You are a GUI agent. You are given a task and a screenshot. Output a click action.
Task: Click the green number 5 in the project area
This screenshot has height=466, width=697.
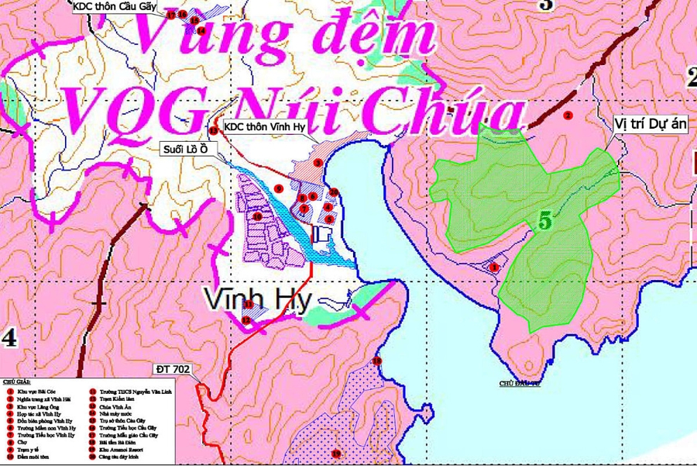pos(545,220)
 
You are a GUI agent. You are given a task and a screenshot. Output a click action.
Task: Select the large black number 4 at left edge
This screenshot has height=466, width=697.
pos(9,338)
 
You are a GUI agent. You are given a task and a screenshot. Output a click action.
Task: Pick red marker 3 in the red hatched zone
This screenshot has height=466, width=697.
pos(318,163)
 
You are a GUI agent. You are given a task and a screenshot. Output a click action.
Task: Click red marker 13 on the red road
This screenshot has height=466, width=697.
pos(214,130)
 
